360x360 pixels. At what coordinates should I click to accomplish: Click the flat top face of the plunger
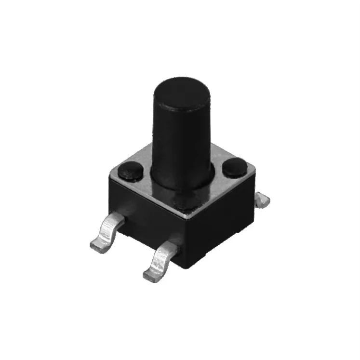coord(180,92)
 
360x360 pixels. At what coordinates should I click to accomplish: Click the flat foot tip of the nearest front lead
coord(152,273)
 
